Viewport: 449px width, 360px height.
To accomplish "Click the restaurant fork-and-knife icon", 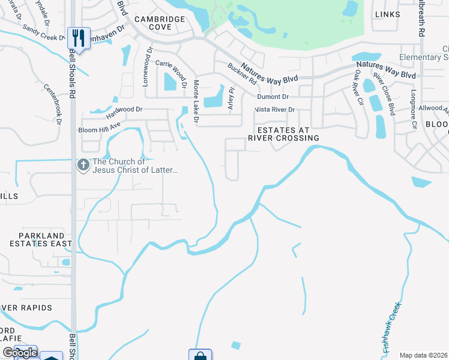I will [79, 38].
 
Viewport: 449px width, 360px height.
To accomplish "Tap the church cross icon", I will [83, 164].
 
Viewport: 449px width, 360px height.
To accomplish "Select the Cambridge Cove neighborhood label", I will [160, 23].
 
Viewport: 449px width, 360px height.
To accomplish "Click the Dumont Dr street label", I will [273, 97].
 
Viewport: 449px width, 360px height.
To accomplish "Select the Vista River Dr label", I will [274, 110].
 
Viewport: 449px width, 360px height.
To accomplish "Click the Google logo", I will [19, 353].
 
